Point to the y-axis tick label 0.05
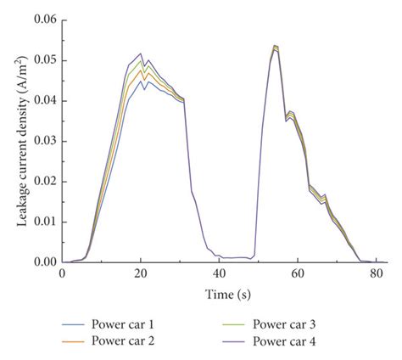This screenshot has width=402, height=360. [45, 59]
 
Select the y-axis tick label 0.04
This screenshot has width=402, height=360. [45, 100]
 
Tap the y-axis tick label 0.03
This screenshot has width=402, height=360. [45, 140]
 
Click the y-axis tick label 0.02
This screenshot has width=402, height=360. [45, 181]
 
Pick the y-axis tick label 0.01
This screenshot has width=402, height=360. [45, 222]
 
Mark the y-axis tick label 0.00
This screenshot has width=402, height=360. [45, 262]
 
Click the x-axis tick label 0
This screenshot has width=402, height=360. [62, 274]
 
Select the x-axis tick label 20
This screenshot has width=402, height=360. [141, 274]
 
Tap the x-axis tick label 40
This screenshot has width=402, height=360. [220, 274]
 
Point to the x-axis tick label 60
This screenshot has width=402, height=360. [298, 274]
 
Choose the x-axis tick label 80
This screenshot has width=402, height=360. [376, 274]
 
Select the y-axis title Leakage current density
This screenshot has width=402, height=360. [16, 140]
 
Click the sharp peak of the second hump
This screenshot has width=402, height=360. [275, 46]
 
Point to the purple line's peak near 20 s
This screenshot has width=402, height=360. [141, 53]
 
